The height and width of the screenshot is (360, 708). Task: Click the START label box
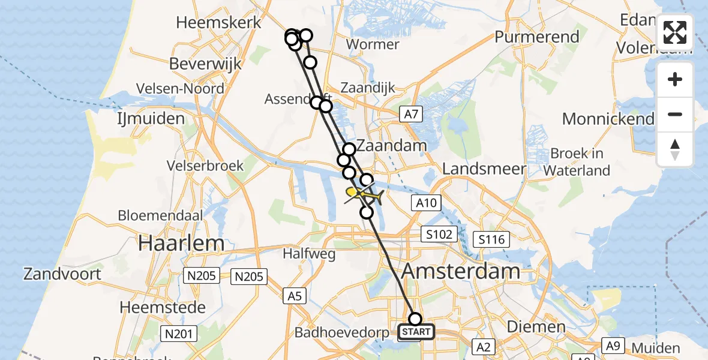click(x=416, y=332)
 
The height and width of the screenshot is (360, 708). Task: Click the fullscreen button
click(x=675, y=32)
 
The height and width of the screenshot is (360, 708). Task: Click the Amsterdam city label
click(x=460, y=271)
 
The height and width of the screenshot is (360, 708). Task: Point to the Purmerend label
click(x=537, y=37)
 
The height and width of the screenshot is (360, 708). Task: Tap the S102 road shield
click(x=439, y=234)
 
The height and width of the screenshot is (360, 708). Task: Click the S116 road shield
click(x=491, y=240)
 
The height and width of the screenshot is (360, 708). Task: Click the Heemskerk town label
click(x=218, y=23)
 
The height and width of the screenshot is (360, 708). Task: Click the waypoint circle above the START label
click(x=415, y=319)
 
